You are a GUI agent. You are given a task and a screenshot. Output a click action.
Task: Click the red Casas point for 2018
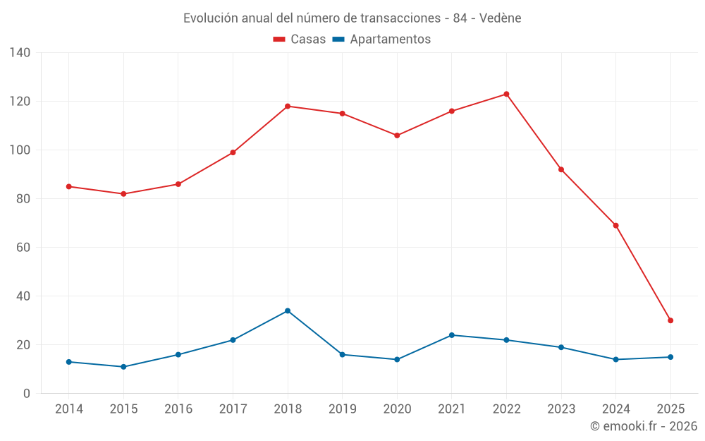[288, 106]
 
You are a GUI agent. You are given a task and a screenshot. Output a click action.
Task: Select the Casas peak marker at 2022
[506, 94]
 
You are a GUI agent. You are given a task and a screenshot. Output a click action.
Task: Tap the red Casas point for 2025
[670, 320]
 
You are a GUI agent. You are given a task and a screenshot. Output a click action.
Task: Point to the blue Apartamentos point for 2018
[288, 310]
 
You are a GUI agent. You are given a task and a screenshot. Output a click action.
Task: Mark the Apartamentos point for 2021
[452, 335]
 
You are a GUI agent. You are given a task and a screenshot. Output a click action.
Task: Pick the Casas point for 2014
[68, 186]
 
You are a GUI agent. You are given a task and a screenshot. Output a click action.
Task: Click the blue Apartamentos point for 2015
[123, 367]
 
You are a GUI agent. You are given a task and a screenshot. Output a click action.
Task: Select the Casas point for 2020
[397, 135]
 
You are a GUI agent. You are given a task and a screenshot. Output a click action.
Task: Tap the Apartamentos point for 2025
[670, 357]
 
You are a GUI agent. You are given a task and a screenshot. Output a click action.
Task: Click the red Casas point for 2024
[615, 226]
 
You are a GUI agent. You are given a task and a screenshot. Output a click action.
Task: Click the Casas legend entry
[300, 40]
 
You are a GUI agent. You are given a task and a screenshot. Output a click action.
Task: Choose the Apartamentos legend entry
[381, 40]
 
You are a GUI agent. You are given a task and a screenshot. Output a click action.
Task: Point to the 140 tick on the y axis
[20, 53]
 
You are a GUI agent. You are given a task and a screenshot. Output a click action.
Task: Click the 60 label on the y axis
[23, 248]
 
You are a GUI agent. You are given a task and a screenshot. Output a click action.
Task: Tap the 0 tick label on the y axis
[27, 394]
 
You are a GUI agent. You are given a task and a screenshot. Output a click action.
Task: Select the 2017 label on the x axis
[233, 409]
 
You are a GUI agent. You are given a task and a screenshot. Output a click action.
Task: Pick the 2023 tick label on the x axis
[561, 409]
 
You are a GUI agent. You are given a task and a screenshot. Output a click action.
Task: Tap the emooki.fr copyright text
[644, 426]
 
